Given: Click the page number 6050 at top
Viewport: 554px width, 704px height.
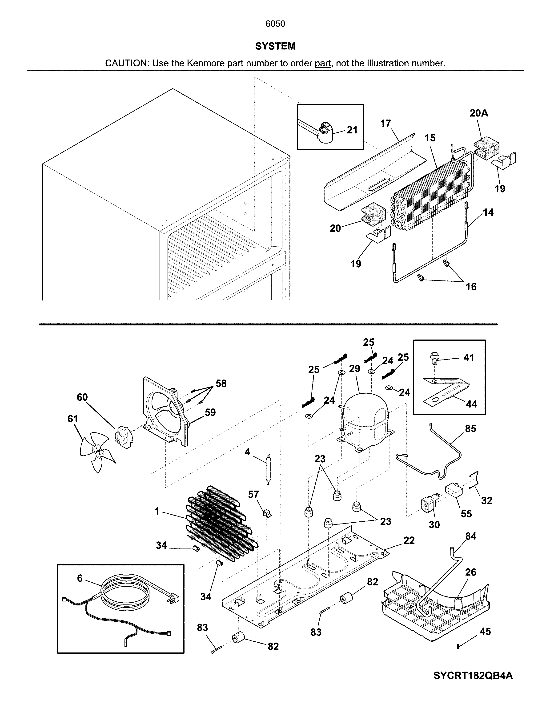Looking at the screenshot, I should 275,24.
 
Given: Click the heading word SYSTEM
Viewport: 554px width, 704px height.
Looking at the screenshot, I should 275,46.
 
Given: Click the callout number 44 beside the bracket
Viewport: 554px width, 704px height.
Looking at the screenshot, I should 471,404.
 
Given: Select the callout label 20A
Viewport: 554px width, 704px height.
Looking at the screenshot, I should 479,113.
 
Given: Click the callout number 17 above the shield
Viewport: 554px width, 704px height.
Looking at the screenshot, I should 385,123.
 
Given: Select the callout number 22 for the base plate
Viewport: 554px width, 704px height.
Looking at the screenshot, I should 409,540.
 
